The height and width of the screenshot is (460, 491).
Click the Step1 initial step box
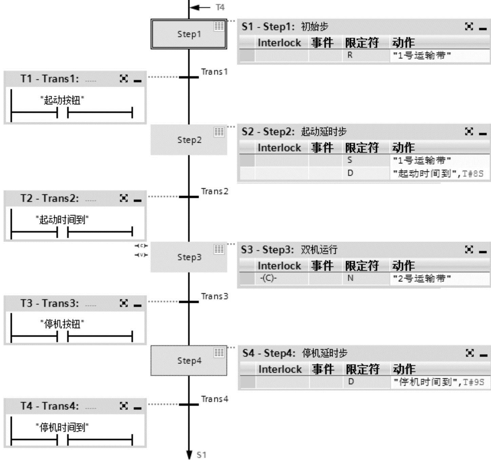(189, 34)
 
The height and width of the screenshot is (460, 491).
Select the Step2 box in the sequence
(189, 140)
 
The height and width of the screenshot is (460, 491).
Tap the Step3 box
(189, 257)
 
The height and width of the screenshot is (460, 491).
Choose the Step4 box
(189, 361)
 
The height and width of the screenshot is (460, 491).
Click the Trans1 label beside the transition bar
(214, 72)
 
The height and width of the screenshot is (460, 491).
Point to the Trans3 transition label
(214, 296)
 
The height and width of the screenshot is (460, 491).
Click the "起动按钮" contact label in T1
(62, 100)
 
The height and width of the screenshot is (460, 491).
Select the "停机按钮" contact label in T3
(62, 324)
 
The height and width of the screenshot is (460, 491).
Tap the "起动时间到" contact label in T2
(62, 220)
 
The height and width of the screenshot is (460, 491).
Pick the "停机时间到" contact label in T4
(62, 427)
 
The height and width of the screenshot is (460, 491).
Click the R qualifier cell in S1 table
(350, 55)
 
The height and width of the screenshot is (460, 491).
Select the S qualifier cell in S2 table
(350, 160)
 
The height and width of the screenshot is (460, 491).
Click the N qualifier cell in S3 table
(350, 278)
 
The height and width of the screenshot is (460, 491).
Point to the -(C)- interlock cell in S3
(268, 278)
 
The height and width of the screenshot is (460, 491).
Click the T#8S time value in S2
(473, 174)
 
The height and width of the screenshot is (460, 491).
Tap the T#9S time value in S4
(473, 382)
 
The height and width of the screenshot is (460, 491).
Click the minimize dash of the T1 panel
(137, 81)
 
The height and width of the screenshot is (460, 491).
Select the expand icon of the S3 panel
(469, 250)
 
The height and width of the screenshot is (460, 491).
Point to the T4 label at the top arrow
(220, 7)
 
